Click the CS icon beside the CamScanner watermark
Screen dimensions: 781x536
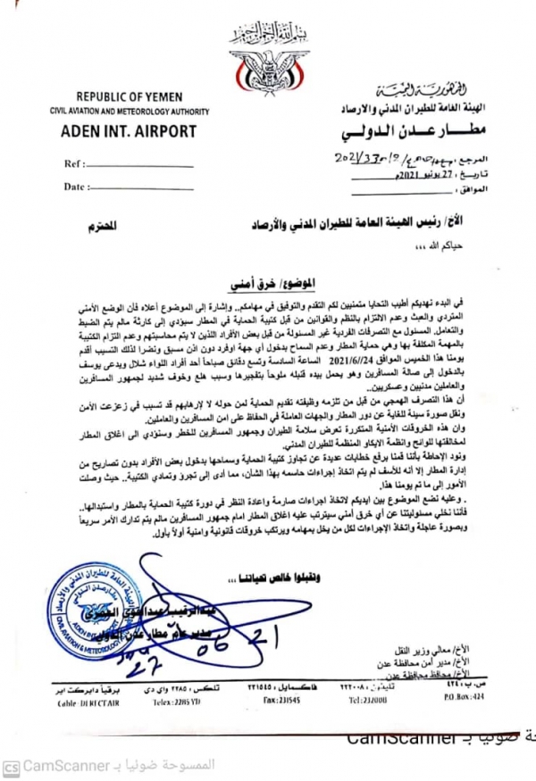[x=11, y=766]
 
